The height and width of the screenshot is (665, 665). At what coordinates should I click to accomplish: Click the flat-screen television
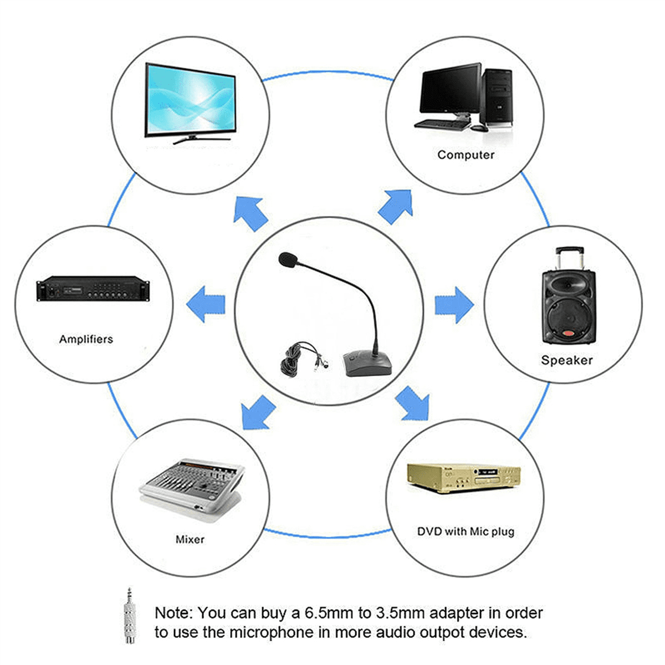coord(191,103)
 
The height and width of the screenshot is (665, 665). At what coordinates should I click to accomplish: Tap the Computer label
coord(465,155)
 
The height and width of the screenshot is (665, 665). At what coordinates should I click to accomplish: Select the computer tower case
coord(497,98)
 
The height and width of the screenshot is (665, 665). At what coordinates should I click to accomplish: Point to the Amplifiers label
coord(86,339)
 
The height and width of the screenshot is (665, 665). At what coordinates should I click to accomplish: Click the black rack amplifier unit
coord(93,289)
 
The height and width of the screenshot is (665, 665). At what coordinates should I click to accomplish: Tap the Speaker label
coord(567,360)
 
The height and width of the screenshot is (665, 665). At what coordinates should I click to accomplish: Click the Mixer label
coord(190,539)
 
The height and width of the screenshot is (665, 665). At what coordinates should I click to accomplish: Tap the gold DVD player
coord(463,478)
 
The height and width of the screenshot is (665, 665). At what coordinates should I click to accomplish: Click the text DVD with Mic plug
coord(465,531)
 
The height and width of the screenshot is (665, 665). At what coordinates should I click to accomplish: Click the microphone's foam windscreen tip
coord(288,260)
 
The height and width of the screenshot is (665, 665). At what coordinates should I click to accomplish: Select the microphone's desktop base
coord(367,363)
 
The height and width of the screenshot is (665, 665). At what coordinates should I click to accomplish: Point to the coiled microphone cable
coord(300,359)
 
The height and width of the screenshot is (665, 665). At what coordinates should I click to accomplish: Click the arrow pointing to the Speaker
coord(454,305)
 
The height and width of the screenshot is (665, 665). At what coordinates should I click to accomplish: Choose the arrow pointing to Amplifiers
coord(206,304)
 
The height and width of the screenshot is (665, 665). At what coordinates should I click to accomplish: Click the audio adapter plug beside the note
coord(130,616)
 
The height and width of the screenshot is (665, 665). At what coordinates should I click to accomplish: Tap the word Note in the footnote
coord(173,613)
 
